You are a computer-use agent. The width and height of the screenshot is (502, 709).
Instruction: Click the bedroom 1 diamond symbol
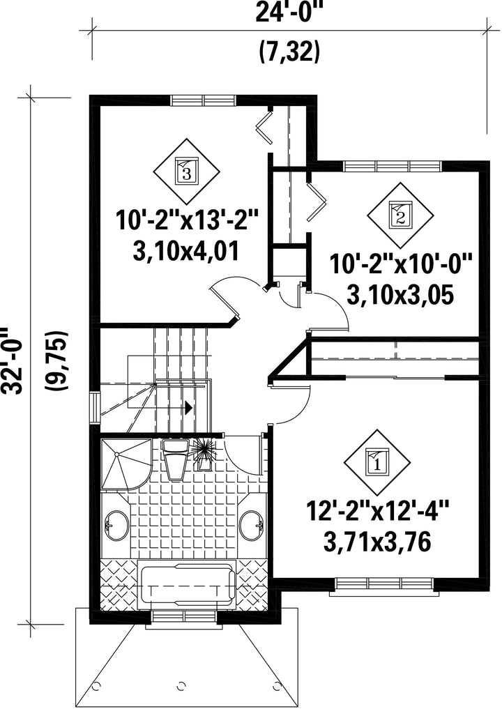point(377,463)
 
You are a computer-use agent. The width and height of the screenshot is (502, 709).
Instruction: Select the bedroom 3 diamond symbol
point(186,171)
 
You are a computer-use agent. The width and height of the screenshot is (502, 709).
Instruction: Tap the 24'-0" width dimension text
point(290,13)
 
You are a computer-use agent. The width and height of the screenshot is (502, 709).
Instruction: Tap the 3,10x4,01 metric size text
point(186,251)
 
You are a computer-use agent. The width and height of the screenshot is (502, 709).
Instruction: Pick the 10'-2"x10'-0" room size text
point(401,264)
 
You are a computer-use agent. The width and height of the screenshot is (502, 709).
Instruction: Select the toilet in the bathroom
point(176,459)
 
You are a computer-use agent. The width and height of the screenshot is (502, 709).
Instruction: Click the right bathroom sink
point(252,525)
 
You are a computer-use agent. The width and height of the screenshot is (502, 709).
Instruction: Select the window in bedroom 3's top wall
point(203,100)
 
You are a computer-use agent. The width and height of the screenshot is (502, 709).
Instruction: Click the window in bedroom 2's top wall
point(393,165)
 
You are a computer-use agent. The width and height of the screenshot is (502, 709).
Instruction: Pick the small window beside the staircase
point(95,407)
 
